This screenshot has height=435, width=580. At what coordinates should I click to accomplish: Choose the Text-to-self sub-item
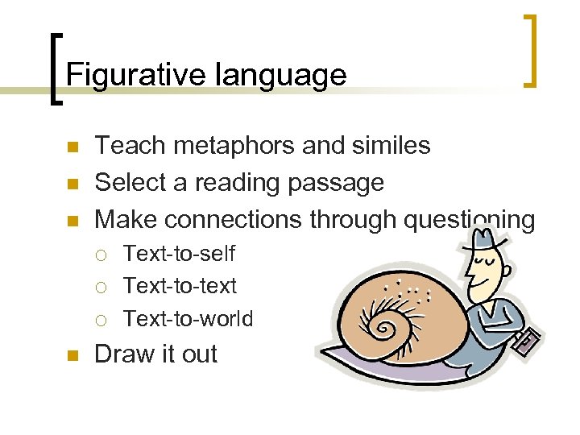pyautogui.click(x=179, y=254)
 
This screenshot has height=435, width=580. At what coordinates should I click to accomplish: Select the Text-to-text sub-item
pyautogui.click(x=180, y=286)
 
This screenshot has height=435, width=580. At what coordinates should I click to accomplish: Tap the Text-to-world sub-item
pyautogui.click(x=188, y=319)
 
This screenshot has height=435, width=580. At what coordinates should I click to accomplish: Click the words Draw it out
pyautogui.click(x=155, y=354)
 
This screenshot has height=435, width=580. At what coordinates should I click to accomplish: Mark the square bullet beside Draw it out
pyautogui.click(x=72, y=355)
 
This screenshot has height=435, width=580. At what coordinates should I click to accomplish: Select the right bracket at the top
pyautogui.click(x=529, y=50)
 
